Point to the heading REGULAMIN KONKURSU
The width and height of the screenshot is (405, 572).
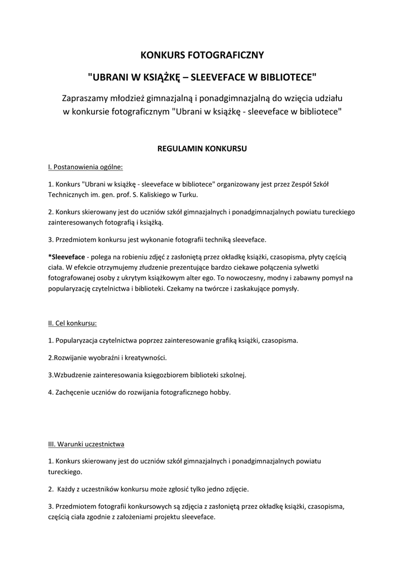[202, 149]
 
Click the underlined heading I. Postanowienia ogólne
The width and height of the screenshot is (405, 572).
[85, 167]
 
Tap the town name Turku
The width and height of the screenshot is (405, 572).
[187, 195]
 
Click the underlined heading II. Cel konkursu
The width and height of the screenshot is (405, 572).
[73, 323]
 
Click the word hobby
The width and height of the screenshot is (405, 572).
[219, 392]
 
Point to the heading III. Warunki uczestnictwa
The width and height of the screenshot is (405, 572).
[86, 444]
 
